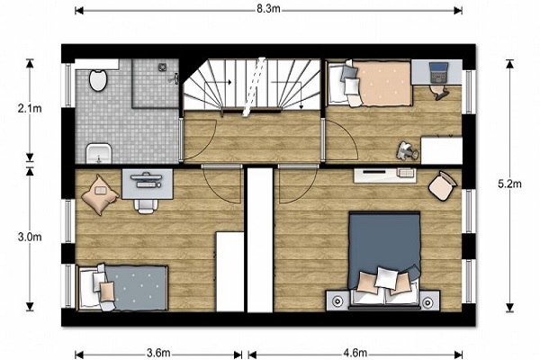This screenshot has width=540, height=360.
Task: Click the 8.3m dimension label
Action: pos(268,9)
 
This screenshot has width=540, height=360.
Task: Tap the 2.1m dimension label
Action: pos(30,109)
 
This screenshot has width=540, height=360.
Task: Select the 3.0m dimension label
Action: pos(30,237)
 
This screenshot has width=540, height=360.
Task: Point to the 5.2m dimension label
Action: pos(509,184)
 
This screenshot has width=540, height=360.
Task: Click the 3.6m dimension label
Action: pos(158,353)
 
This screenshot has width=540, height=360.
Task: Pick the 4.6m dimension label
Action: pos(355,353)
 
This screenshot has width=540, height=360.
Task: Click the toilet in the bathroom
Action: pos(98,80)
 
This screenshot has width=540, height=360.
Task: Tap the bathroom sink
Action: pos(98,153)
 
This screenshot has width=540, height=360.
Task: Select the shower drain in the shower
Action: pos(163,67)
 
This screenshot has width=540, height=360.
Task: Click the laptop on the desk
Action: pos(438,73)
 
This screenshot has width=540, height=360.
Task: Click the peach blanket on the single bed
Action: pos(384,84)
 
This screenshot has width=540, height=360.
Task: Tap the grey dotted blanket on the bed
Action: pos(137,288)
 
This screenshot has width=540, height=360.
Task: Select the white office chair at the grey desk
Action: pos(146,206)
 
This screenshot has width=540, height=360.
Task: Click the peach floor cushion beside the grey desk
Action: pos(100,194)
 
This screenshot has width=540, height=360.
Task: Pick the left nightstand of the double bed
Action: pos(337,301)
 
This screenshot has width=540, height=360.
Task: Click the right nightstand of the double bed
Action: pos(428,301)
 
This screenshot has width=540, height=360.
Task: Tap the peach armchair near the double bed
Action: pos(443,186)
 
